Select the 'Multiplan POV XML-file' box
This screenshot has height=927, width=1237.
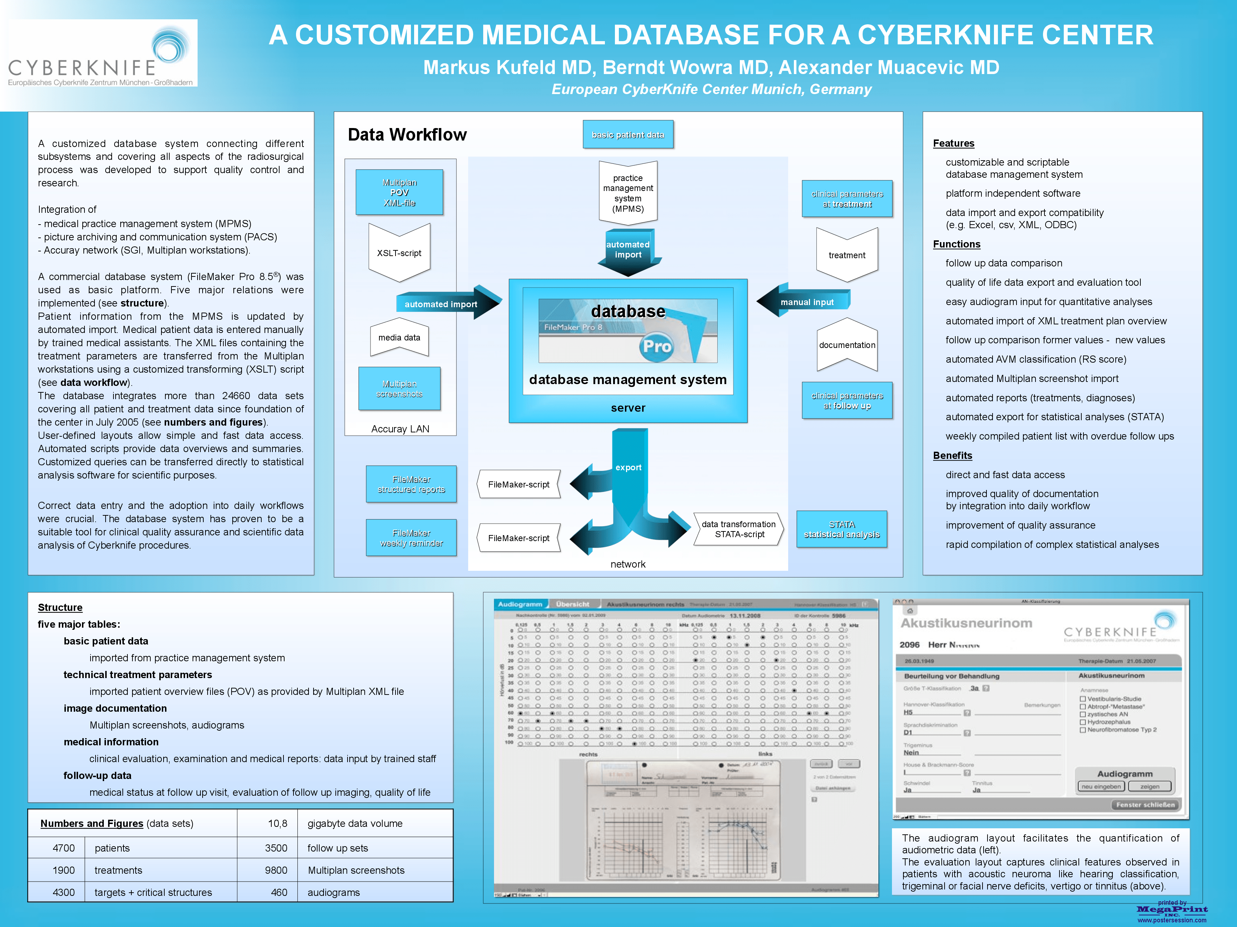coord(399,192)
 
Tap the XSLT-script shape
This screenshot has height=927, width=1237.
coord(399,253)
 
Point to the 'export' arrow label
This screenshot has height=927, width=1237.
coord(628,467)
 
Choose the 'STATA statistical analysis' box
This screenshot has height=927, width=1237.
coord(841,529)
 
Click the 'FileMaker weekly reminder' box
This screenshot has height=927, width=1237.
coord(411,538)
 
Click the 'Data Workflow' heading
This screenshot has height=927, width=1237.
coord(407,135)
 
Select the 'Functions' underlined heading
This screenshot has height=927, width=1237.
coord(956,244)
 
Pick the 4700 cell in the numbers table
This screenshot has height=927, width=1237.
coord(63,848)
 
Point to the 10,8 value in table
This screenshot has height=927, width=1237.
coord(277,823)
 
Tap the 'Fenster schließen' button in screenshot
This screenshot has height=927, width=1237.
coord(1145,805)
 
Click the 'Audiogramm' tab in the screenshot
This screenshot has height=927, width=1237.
coord(520,604)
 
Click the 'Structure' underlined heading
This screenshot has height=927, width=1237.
coord(60,607)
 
